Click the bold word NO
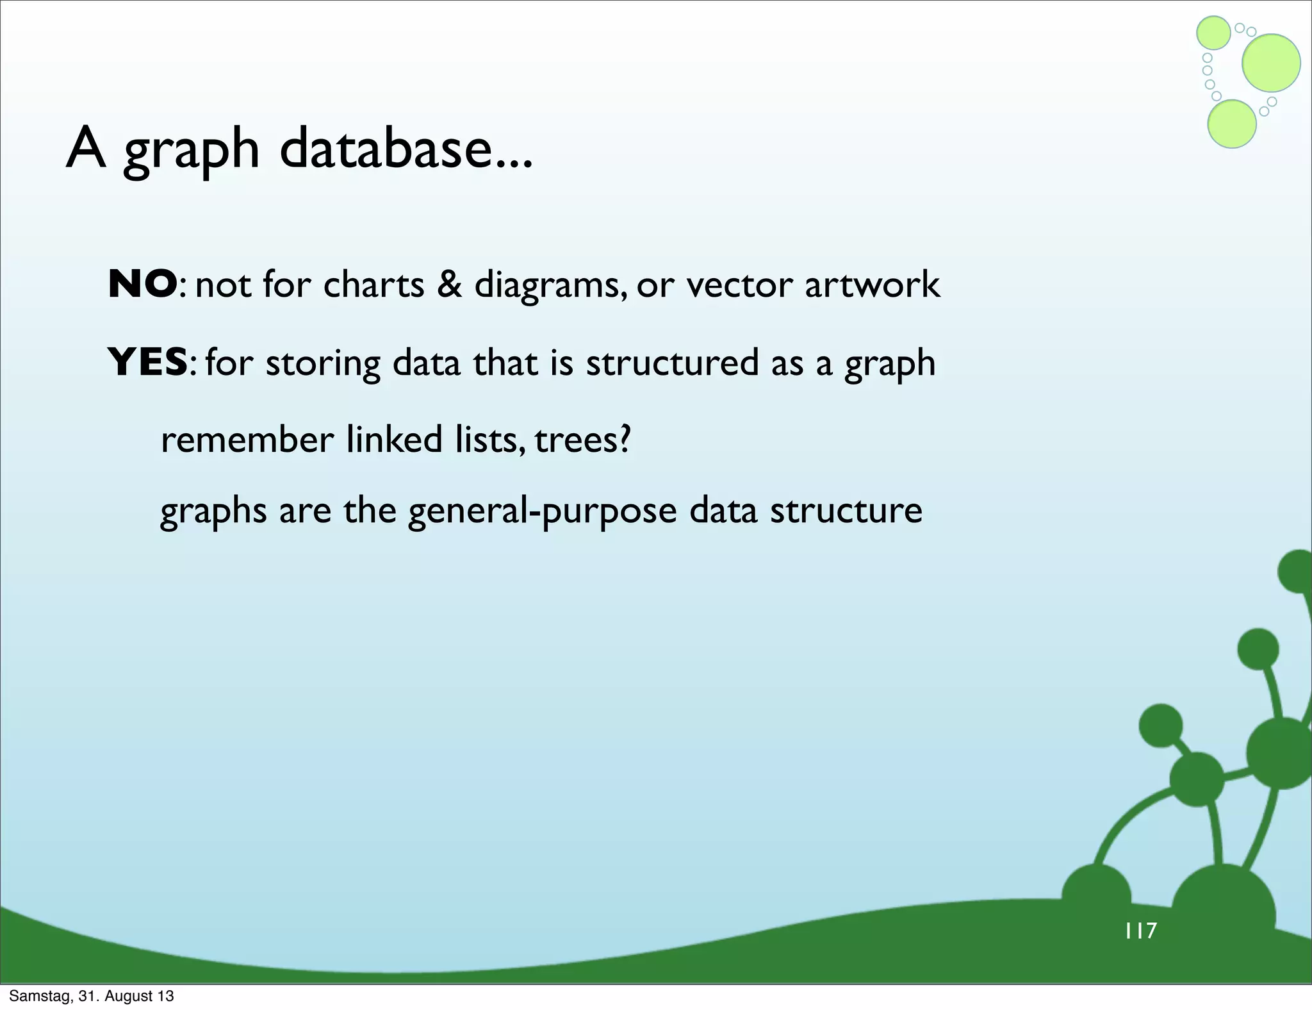click(142, 284)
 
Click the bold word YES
click(147, 362)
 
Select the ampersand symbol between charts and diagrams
click(450, 284)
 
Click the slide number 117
click(1140, 931)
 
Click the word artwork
click(872, 284)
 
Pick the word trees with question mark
click(583, 440)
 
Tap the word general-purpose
click(542, 511)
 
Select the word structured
click(672, 362)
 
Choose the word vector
click(739, 284)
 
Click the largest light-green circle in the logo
click(1271, 63)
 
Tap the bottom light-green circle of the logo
click(1231, 124)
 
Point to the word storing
click(323, 363)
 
